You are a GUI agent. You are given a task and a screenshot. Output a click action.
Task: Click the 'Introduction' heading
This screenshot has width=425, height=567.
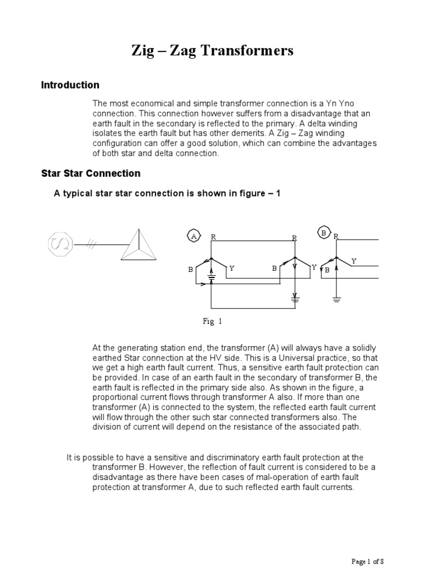(x=70, y=85)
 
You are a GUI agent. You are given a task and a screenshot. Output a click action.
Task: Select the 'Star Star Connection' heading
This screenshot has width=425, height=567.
(x=91, y=173)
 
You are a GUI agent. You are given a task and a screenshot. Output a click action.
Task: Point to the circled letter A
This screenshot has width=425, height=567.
(x=194, y=235)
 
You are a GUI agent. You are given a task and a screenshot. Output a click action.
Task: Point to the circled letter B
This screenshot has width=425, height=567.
(x=323, y=233)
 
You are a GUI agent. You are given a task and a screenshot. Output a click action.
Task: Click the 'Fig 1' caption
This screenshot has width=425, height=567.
(x=212, y=321)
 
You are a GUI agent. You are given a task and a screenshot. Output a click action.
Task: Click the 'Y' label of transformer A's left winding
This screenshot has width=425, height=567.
(x=231, y=268)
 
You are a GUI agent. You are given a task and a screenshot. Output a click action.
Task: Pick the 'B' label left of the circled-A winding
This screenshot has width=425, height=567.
(x=190, y=270)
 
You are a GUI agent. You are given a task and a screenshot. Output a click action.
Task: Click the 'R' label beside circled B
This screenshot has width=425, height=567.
(x=335, y=236)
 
